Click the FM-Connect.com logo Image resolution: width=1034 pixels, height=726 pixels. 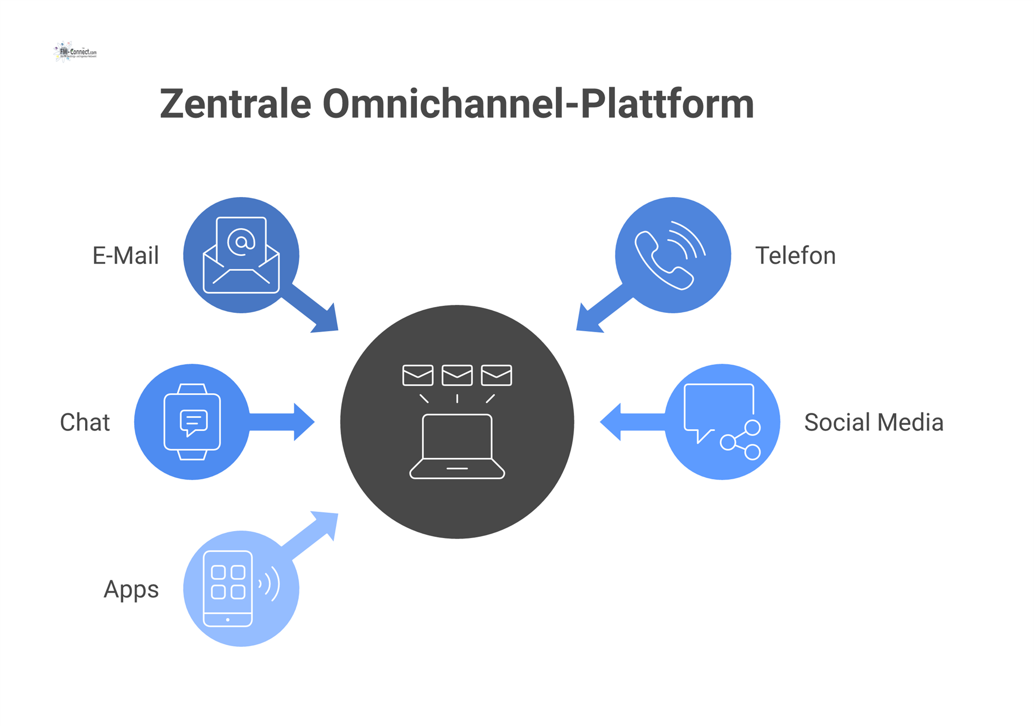tap(75, 52)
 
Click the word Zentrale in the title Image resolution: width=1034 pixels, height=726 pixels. tap(235, 103)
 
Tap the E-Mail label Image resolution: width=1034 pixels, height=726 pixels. tap(125, 255)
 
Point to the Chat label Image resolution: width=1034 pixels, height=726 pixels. tap(85, 422)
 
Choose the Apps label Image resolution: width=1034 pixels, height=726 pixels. tap(131, 589)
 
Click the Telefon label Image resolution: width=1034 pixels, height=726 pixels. tap(795, 255)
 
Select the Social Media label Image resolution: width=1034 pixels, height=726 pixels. tap(873, 422)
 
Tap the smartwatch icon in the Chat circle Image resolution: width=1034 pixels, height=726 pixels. tap(192, 422)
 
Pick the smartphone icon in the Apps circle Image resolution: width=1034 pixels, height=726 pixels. tap(228, 589)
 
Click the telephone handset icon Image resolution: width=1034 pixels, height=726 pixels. tap(663, 261)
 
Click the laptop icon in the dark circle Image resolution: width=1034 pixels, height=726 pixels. tap(457, 446)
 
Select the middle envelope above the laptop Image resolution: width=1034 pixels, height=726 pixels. tap(457, 375)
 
